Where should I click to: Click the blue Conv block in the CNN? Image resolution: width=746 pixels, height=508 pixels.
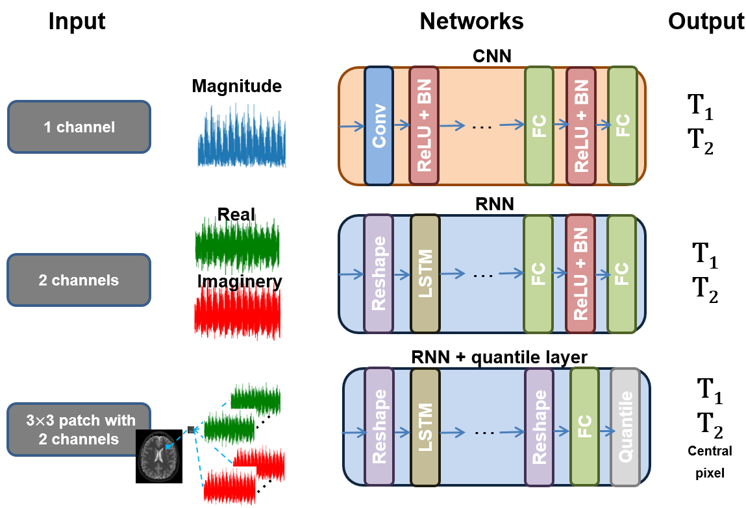coord(379,125)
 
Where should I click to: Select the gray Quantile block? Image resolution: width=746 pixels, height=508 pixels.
coord(625,427)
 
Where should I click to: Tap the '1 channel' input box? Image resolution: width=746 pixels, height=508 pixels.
coord(79,127)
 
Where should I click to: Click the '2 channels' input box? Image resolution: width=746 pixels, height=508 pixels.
coord(79,280)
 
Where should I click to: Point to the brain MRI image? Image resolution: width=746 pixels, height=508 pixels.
coord(159,456)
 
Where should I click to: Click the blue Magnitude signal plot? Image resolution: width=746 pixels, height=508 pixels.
coord(242,137)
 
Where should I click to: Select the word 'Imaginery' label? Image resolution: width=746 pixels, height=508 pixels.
coord(240,282)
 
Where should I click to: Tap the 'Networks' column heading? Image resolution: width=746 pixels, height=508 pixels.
coord(471,21)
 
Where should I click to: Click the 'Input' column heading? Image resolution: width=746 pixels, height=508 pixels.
coord(77,22)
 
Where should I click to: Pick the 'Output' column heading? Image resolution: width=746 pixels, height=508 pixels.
coord(706,22)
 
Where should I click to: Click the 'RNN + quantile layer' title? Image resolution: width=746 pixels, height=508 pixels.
coord(499,357)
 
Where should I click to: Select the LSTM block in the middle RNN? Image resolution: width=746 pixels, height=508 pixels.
coord(425,274)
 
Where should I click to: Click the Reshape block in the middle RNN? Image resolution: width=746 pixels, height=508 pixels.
coord(379,274)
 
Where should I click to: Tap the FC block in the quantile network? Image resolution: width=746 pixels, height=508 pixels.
coord(584,427)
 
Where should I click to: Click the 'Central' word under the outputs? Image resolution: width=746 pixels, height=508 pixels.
coord(710,451)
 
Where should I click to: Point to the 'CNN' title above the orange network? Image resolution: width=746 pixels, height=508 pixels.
coord(492,56)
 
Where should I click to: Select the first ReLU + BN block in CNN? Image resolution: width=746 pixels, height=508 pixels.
coord(423,125)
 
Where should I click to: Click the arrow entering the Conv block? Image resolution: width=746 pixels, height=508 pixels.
coord(352,126)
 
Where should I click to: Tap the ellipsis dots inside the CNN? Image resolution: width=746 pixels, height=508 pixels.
coord(482,127)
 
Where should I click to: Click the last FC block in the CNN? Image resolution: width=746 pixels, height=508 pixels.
coord(622,125)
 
